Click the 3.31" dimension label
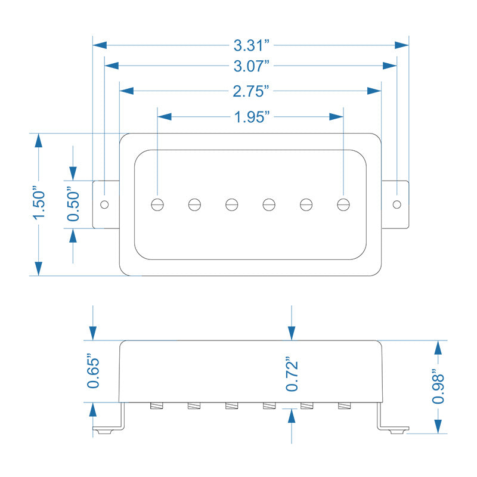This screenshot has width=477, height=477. (x=250, y=45)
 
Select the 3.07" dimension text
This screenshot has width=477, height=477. (x=250, y=65)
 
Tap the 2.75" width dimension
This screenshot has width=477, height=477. (x=250, y=91)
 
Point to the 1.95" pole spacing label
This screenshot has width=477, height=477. (x=250, y=117)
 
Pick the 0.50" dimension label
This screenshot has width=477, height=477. (x=73, y=205)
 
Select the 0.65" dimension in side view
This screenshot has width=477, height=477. (x=94, y=371)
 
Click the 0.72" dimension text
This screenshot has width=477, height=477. (x=292, y=374)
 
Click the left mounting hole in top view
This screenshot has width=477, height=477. (x=104, y=204)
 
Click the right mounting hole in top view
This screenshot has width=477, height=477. (x=397, y=204)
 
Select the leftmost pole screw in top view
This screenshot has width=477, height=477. (x=158, y=204)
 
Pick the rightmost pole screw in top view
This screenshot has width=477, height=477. (x=343, y=204)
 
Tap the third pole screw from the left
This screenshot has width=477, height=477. (x=232, y=204)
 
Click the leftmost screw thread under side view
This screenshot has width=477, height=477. (x=158, y=407)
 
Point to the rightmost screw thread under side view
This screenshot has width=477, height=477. (x=344, y=407)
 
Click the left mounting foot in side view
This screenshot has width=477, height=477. (x=107, y=428)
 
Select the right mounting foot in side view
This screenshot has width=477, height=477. (x=394, y=428)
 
